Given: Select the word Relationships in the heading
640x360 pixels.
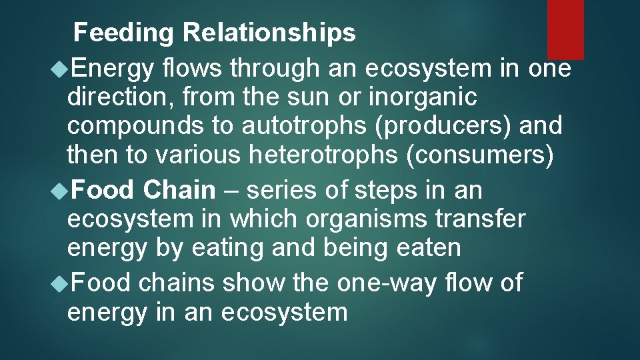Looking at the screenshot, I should (269, 33).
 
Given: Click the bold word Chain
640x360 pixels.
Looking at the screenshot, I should (180, 190).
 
